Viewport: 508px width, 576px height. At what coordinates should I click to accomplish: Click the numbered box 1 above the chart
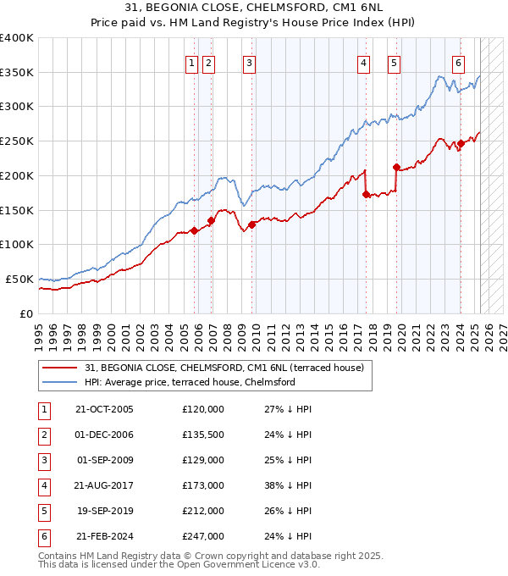[x=191, y=62]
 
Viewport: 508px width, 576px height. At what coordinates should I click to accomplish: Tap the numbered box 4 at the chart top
[x=363, y=62]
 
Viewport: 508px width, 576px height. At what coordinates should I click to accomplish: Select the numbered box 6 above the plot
[x=458, y=62]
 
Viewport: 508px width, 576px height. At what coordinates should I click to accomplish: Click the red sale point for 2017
[x=366, y=194]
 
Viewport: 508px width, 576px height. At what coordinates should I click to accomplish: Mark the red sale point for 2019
[x=396, y=167]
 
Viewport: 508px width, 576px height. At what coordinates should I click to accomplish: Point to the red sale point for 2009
[x=251, y=224]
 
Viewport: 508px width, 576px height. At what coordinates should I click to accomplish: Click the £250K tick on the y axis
[x=17, y=141]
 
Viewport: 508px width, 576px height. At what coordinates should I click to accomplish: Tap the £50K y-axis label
[x=19, y=279]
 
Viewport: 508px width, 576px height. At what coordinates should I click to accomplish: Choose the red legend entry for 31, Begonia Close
[x=224, y=368]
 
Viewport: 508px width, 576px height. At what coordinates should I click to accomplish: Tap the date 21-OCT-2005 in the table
[x=104, y=408]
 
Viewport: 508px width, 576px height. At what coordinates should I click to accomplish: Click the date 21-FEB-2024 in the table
[x=104, y=535]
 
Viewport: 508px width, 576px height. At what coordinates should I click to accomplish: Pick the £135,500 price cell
[x=203, y=434]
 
